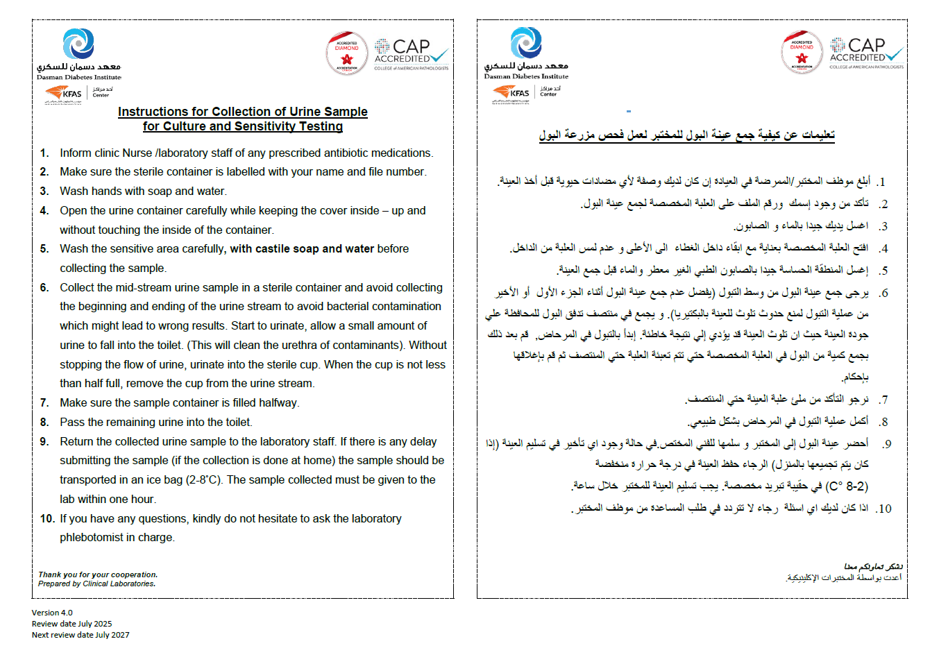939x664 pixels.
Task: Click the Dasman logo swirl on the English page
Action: [x=78, y=44]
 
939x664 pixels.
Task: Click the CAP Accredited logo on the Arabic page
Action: [x=866, y=53]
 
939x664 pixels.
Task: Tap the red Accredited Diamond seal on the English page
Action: [x=347, y=53]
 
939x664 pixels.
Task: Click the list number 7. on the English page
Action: [x=44, y=402]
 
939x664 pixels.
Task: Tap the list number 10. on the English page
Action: [x=47, y=518]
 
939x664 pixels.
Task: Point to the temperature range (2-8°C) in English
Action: [x=205, y=479]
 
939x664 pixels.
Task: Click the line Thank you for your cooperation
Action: [x=98, y=574]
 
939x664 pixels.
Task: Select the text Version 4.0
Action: [x=52, y=613]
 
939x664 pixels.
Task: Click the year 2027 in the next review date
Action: [x=120, y=635]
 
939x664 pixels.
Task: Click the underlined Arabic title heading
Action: [x=686, y=135]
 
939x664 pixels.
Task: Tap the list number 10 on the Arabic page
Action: [x=883, y=509]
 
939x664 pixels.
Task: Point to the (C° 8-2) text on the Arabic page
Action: [x=847, y=486]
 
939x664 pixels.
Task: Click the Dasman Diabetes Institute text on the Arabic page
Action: [x=526, y=76]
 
